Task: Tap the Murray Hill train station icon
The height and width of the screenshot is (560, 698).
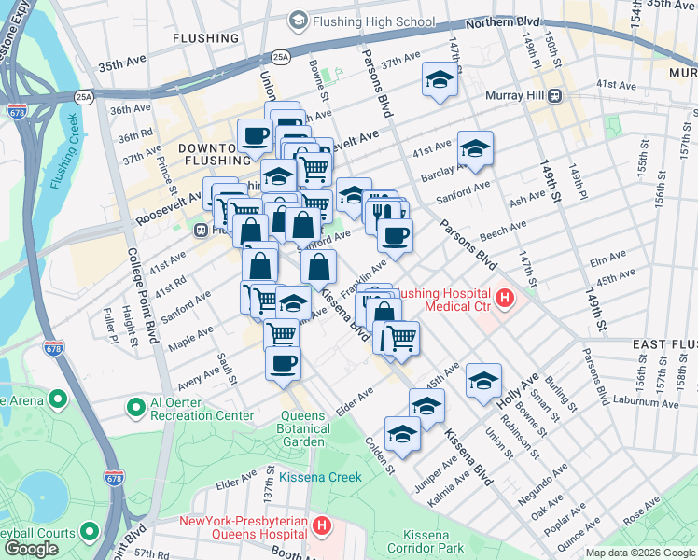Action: [x=554, y=94]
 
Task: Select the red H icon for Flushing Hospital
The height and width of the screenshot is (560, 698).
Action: [x=505, y=299]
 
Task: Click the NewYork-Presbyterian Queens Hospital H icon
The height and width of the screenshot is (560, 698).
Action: [x=322, y=525]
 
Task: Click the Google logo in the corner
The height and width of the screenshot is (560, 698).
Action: [x=31, y=549]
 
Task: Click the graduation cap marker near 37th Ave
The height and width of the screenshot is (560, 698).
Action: [x=439, y=81]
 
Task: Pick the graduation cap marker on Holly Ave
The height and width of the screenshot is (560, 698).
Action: [x=483, y=381]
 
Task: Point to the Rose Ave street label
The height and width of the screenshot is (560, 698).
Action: [x=641, y=512]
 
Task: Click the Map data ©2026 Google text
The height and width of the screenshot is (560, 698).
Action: [x=639, y=553]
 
